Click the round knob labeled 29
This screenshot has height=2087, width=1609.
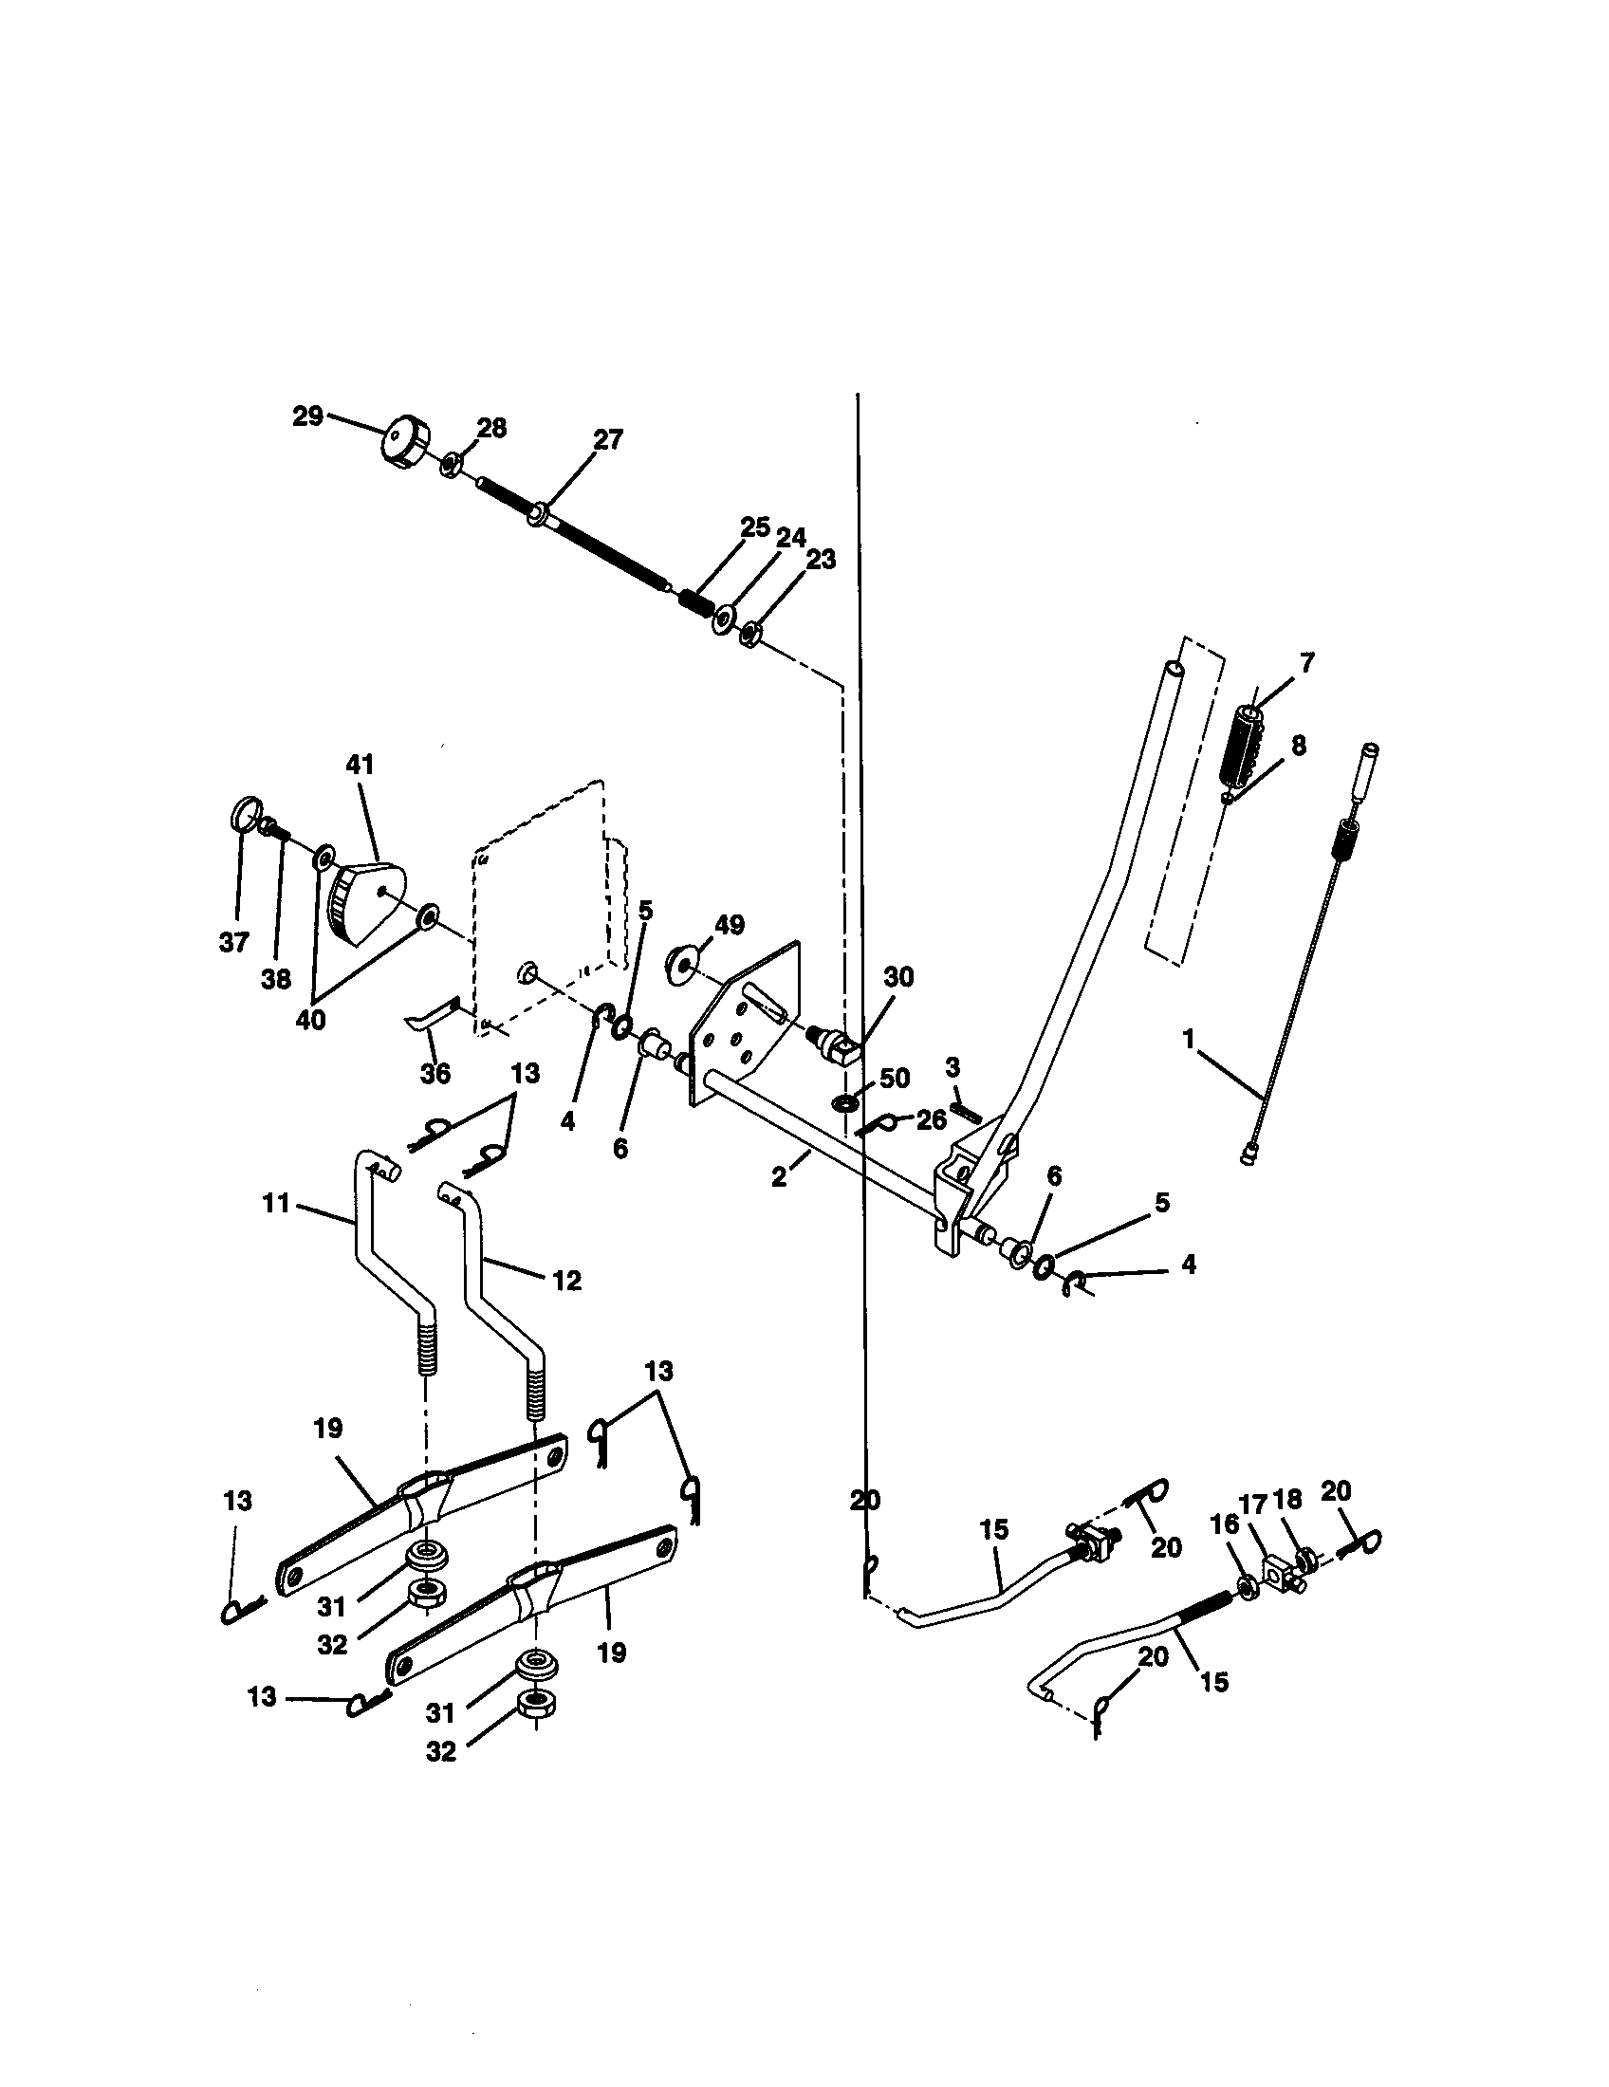tap(404, 442)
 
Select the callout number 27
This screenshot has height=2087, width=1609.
tap(608, 439)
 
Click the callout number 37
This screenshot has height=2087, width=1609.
tap(234, 942)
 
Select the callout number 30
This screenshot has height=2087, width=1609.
tap(898, 976)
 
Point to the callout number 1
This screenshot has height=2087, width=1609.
tap(1189, 1040)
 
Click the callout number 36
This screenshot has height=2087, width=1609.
tap(435, 1073)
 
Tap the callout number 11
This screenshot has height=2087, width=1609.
tap(276, 1203)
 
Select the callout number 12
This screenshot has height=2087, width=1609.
tap(567, 1281)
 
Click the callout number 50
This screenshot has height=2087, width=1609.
tap(895, 1078)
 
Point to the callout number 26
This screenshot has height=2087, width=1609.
tap(932, 1120)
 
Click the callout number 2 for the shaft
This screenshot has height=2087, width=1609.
tap(780, 1177)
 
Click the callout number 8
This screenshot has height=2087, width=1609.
tap(1298, 745)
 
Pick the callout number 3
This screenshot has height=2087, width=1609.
tap(952, 1066)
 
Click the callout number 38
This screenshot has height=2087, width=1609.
tap(276, 980)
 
